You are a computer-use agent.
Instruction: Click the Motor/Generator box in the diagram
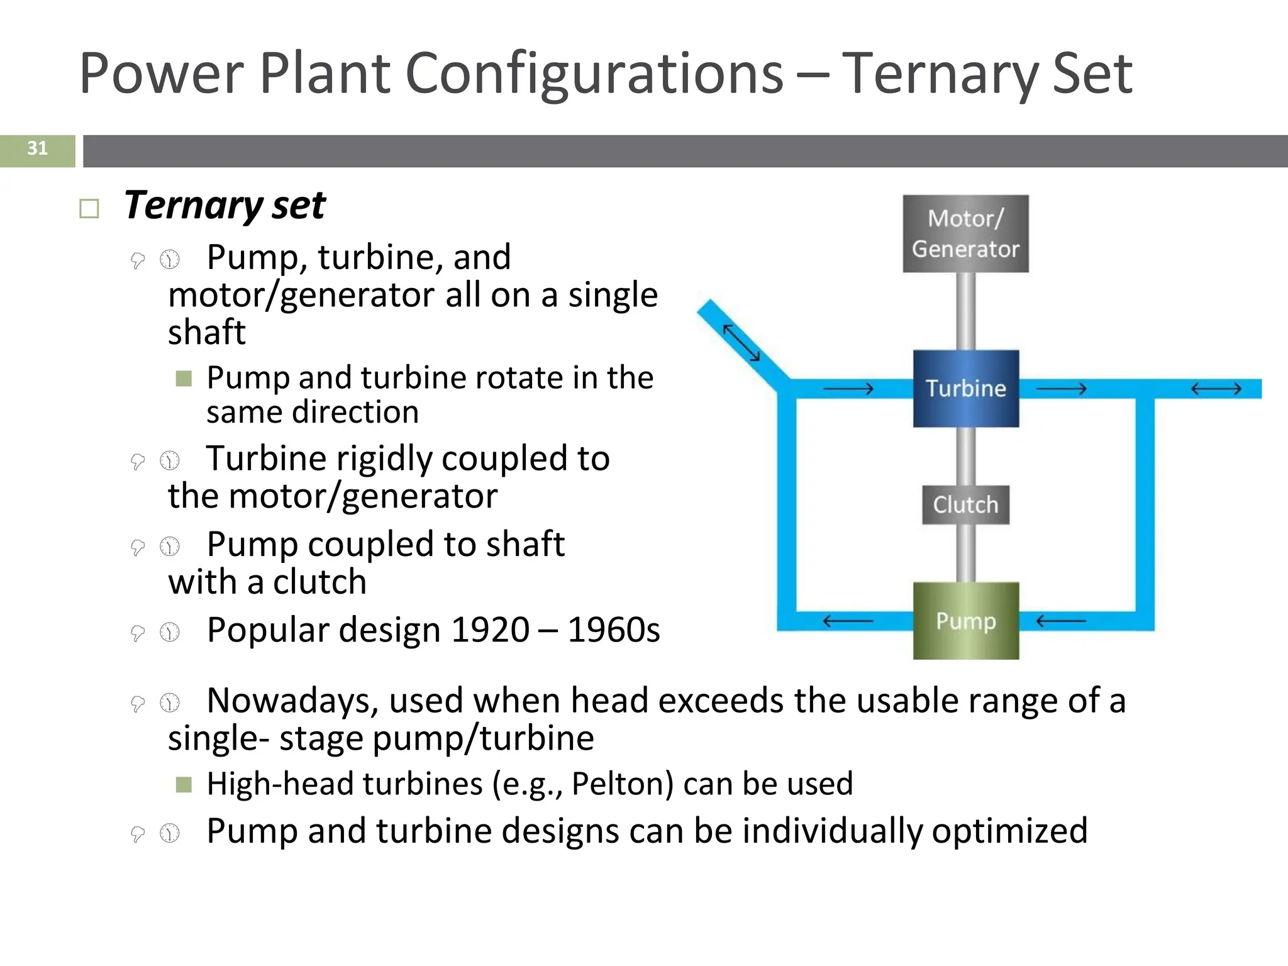point(965,233)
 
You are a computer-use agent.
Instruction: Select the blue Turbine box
point(965,388)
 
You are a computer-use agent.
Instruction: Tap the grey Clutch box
point(965,504)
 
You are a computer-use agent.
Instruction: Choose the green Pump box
point(965,621)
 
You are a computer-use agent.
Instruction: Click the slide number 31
point(37,148)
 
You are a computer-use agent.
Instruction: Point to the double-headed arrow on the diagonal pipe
point(741,343)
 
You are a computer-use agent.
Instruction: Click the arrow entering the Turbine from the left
point(848,389)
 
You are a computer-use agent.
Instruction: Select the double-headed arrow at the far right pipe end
point(1216,389)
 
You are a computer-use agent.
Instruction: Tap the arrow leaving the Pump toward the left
point(848,621)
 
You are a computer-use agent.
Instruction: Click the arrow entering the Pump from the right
point(1060,621)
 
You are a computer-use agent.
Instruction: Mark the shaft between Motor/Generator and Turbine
point(965,311)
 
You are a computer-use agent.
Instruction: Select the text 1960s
point(614,630)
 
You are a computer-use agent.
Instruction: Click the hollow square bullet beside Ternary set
point(89,209)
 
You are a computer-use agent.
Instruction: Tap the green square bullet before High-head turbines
point(184,784)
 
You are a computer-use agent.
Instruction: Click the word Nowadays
point(292,700)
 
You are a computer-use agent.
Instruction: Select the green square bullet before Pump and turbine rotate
point(184,378)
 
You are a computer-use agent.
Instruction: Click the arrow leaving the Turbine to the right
point(1060,389)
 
